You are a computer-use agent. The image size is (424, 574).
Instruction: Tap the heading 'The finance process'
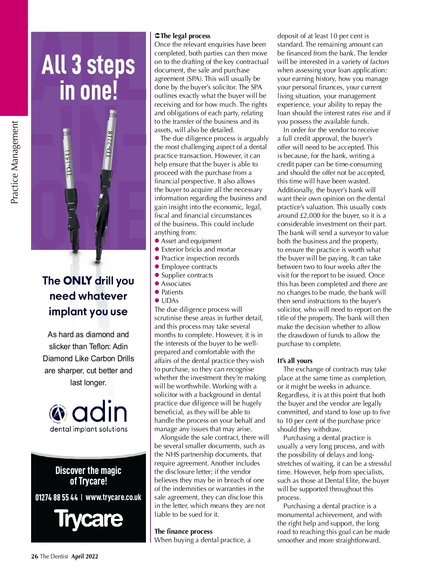coord(183,531)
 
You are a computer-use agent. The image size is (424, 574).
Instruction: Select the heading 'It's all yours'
coord(295,361)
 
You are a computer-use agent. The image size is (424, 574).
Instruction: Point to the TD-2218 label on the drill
coord(109,144)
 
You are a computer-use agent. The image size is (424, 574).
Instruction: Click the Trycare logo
coord(88,519)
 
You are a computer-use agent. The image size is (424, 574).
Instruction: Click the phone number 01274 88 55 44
coord(57,497)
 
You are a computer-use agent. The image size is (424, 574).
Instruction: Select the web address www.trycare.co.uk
coord(113,497)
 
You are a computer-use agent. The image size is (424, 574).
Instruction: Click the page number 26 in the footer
coord(35,556)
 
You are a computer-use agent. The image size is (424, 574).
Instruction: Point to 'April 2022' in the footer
coord(85,556)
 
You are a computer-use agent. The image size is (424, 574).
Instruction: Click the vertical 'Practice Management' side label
coord(14,163)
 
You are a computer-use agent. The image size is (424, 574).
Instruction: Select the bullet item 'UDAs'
coord(170,300)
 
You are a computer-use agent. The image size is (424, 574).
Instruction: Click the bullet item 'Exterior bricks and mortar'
coord(198,249)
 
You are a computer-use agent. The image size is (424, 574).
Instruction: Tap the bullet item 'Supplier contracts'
coord(187,275)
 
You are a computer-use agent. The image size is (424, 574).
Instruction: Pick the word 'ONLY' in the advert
coord(78,281)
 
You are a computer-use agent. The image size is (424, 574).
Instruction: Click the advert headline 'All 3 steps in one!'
coord(88,78)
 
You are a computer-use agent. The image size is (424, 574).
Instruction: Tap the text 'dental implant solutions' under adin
coord(89,429)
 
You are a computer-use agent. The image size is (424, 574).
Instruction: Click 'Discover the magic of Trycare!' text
coord(88,475)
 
